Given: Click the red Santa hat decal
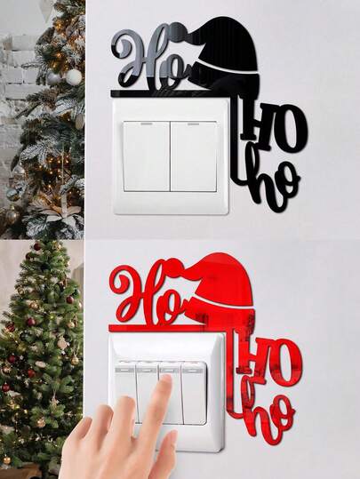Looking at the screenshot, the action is click(x=223, y=287).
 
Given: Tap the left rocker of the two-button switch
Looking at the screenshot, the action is click(x=147, y=156).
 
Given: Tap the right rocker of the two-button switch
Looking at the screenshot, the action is click(x=194, y=156).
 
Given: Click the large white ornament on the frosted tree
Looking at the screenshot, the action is click(x=74, y=76).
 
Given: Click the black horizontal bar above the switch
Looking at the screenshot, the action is click(x=172, y=93).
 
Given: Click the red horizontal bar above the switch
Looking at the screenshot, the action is click(x=168, y=328).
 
